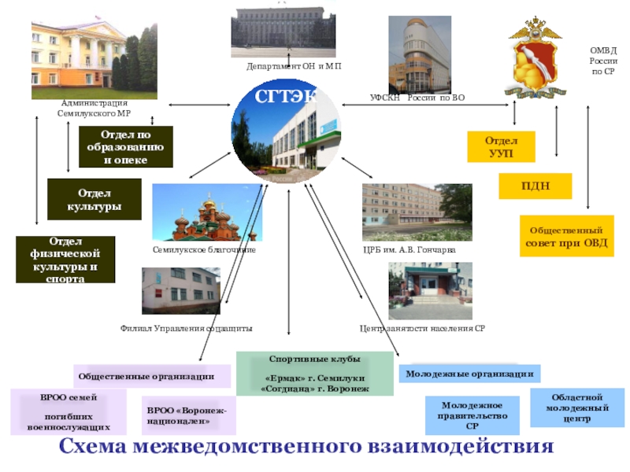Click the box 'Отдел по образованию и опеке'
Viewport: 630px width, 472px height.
[x=126, y=147]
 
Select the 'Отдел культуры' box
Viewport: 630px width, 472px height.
[x=94, y=199]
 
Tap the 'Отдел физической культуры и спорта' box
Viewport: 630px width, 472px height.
[x=66, y=259]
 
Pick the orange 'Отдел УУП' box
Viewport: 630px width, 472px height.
[x=501, y=147]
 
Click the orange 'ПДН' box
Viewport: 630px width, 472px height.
[x=535, y=186]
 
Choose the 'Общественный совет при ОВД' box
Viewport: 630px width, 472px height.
[x=566, y=236]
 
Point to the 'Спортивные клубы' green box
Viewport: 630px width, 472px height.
[x=314, y=373]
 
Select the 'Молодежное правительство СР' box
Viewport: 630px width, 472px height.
[x=472, y=415]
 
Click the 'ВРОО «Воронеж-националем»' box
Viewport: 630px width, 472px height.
[x=190, y=415]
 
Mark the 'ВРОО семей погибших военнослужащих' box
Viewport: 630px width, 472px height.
[x=69, y=412]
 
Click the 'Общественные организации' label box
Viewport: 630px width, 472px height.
[x=153, y=376]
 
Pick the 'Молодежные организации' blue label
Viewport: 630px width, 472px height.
[x=469, y=374]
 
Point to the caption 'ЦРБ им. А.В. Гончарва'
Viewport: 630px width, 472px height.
[x=409, y=249]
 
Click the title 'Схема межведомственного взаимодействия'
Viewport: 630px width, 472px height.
[x=307, y=448]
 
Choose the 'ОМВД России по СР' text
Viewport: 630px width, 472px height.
[x=603, y=61]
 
